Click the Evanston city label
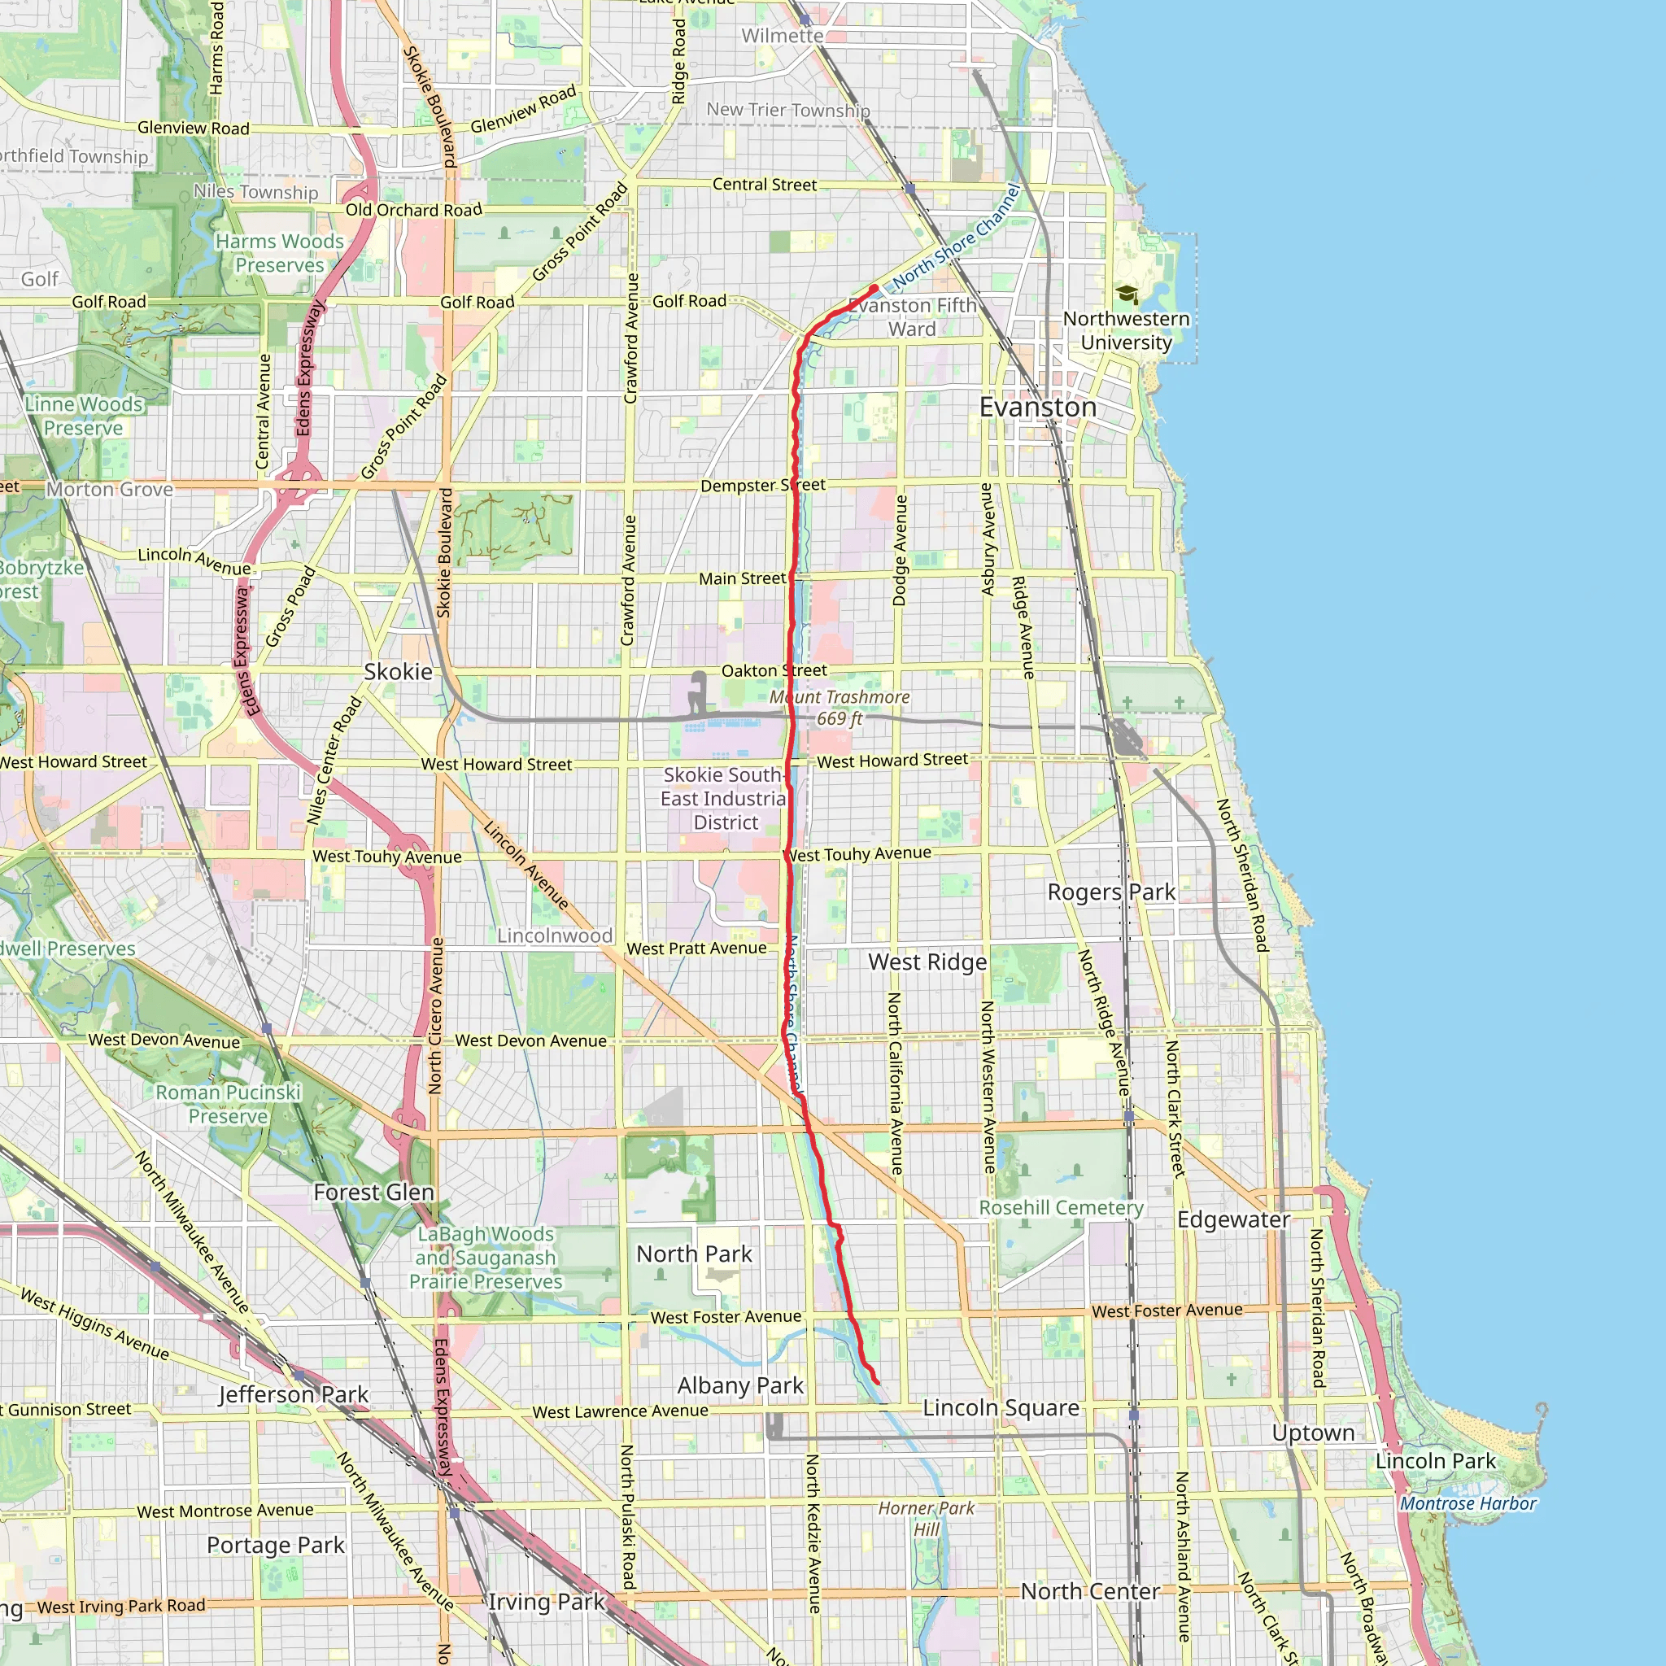[x=1037, y=407]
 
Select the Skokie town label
[x=398, y=672]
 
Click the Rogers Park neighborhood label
[x=1110, y=892]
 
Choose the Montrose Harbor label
[x=1468, y=1504]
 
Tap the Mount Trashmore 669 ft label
[x=839, y=708]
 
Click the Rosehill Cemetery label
[x=1061, y=1208]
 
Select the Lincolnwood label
[x=555, y=935]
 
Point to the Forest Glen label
[x=373, y=1193]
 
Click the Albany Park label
[x=740, y=1385]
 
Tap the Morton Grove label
[x=110, y=490]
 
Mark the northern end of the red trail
[x=874, y=289]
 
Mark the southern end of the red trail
[x=877, y=1383]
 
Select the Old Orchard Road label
[x=414, y=211]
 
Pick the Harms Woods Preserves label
[x=279, y=254]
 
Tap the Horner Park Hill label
[x=926, y=1519]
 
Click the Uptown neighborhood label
[x=1312, y=1433]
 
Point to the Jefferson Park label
[x=293, y=1394]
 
